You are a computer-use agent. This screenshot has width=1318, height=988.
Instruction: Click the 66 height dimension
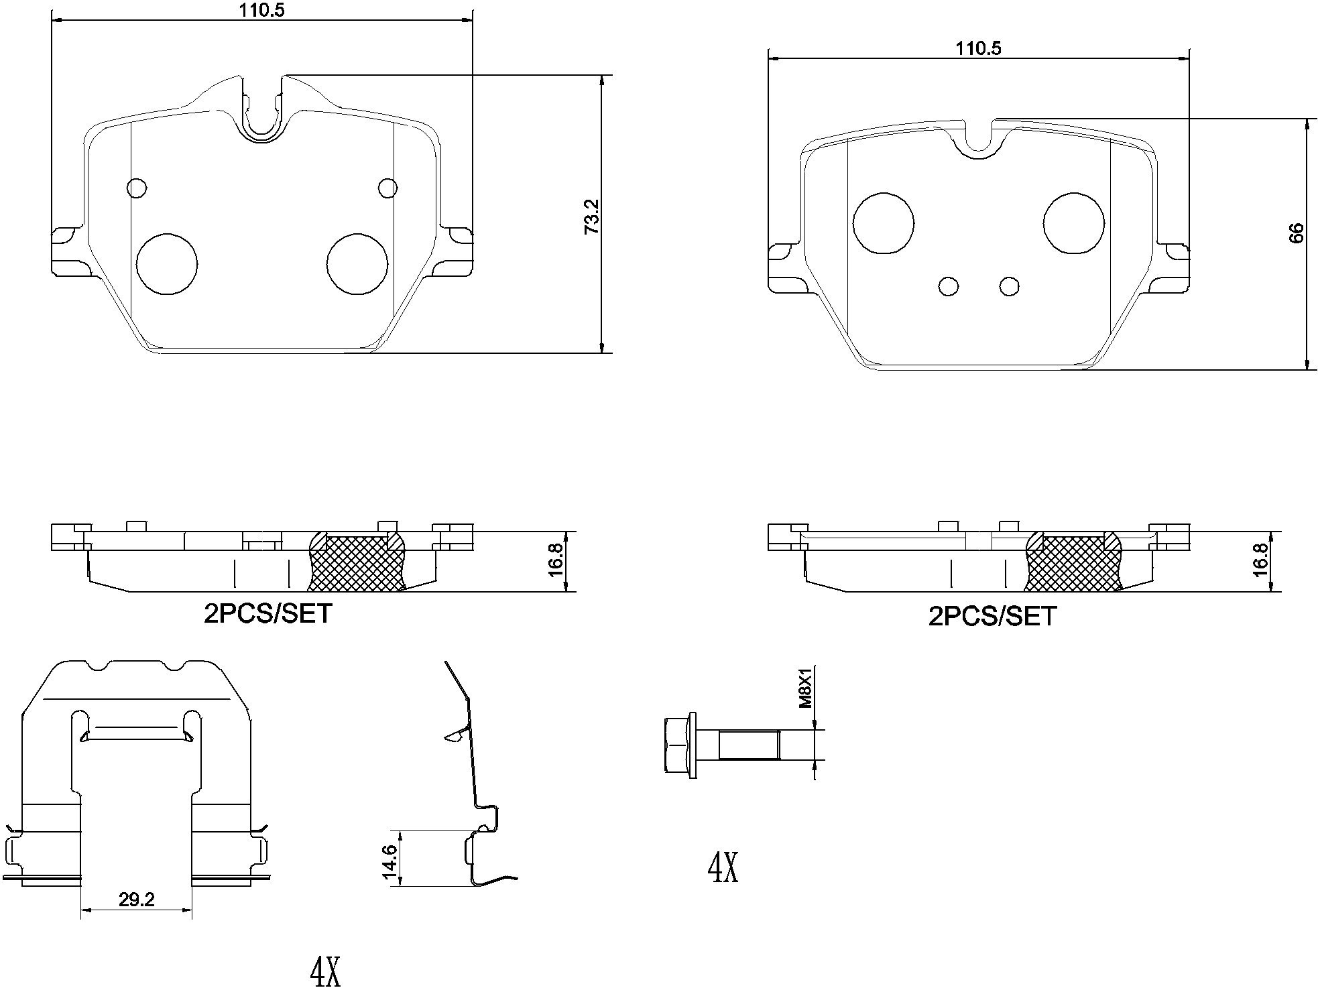click(x=1296, y=233)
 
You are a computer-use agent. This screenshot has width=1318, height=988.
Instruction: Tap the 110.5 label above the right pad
click(x=978, y=48)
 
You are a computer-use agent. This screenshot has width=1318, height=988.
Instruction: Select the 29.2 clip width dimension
click(x=136, y=900)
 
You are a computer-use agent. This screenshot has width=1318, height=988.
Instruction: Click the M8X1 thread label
click(x=805, y=686)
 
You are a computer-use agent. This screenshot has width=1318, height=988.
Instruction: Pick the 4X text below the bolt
click(x=723, y=868)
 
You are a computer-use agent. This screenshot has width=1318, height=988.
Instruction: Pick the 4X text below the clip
click(x=326, y=971)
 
